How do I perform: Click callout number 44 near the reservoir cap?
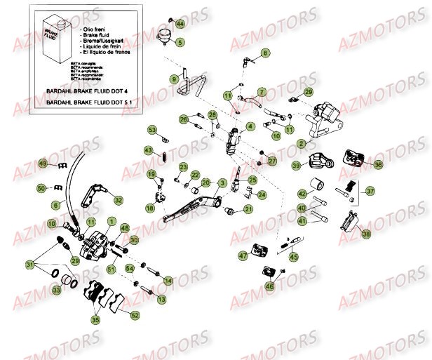(180, 25)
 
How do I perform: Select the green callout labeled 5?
(180, 43)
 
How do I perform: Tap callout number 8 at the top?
(265, 53)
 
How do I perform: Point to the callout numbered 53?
(151, 130)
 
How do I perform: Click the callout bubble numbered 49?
(43, 164)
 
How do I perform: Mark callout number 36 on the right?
(378, 165)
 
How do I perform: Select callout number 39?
(296, 166)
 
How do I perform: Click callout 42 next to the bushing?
(302, 194)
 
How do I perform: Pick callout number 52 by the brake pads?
(135, 315)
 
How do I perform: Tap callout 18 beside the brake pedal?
(150, 208)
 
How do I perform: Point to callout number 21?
(249, 210)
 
